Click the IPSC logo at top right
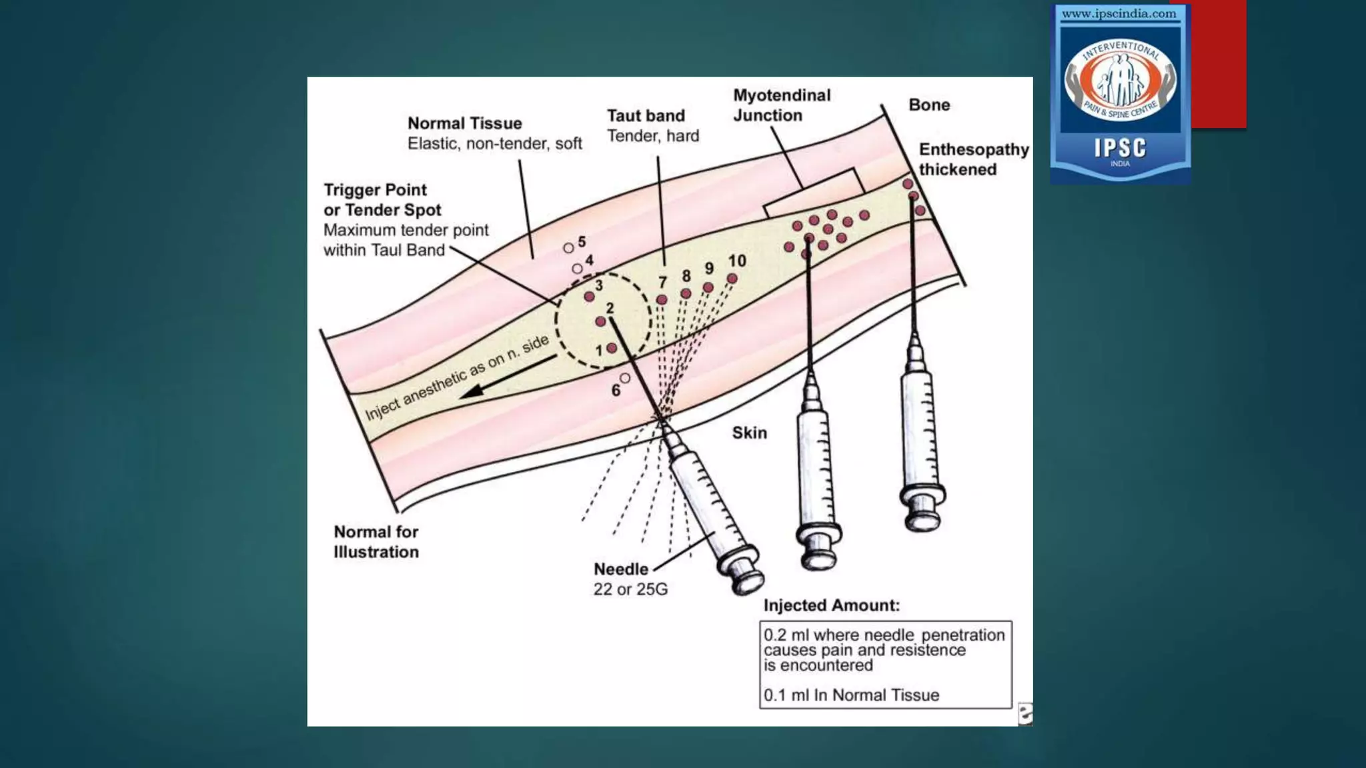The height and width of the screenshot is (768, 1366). coord(1120,93)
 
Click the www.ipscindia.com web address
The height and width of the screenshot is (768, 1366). coord(1119,14)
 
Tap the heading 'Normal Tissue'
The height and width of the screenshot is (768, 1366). coord(464,123)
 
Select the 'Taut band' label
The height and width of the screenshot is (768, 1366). coord(646,116)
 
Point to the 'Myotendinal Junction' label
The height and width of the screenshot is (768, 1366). coord(781,105)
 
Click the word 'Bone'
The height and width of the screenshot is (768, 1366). coord(928,105)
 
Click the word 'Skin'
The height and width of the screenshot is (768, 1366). coord(749,433)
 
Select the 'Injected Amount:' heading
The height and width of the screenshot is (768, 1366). coord(831,605)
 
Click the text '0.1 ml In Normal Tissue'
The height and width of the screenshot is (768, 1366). coord(851,695)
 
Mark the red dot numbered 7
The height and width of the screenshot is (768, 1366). coord(662,300)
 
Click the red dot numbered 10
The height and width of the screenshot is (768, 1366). coord(732,279)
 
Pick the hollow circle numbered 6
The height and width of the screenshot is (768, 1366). coord(625,378)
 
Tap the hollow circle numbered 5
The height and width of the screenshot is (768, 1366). coord(568,248)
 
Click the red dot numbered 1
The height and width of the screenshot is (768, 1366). coord(612,348)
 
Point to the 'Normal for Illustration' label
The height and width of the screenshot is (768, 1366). coord(376,542)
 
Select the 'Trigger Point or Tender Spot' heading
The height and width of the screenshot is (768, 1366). coord(382,200)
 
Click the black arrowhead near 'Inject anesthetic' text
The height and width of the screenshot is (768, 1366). coord(472,391)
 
